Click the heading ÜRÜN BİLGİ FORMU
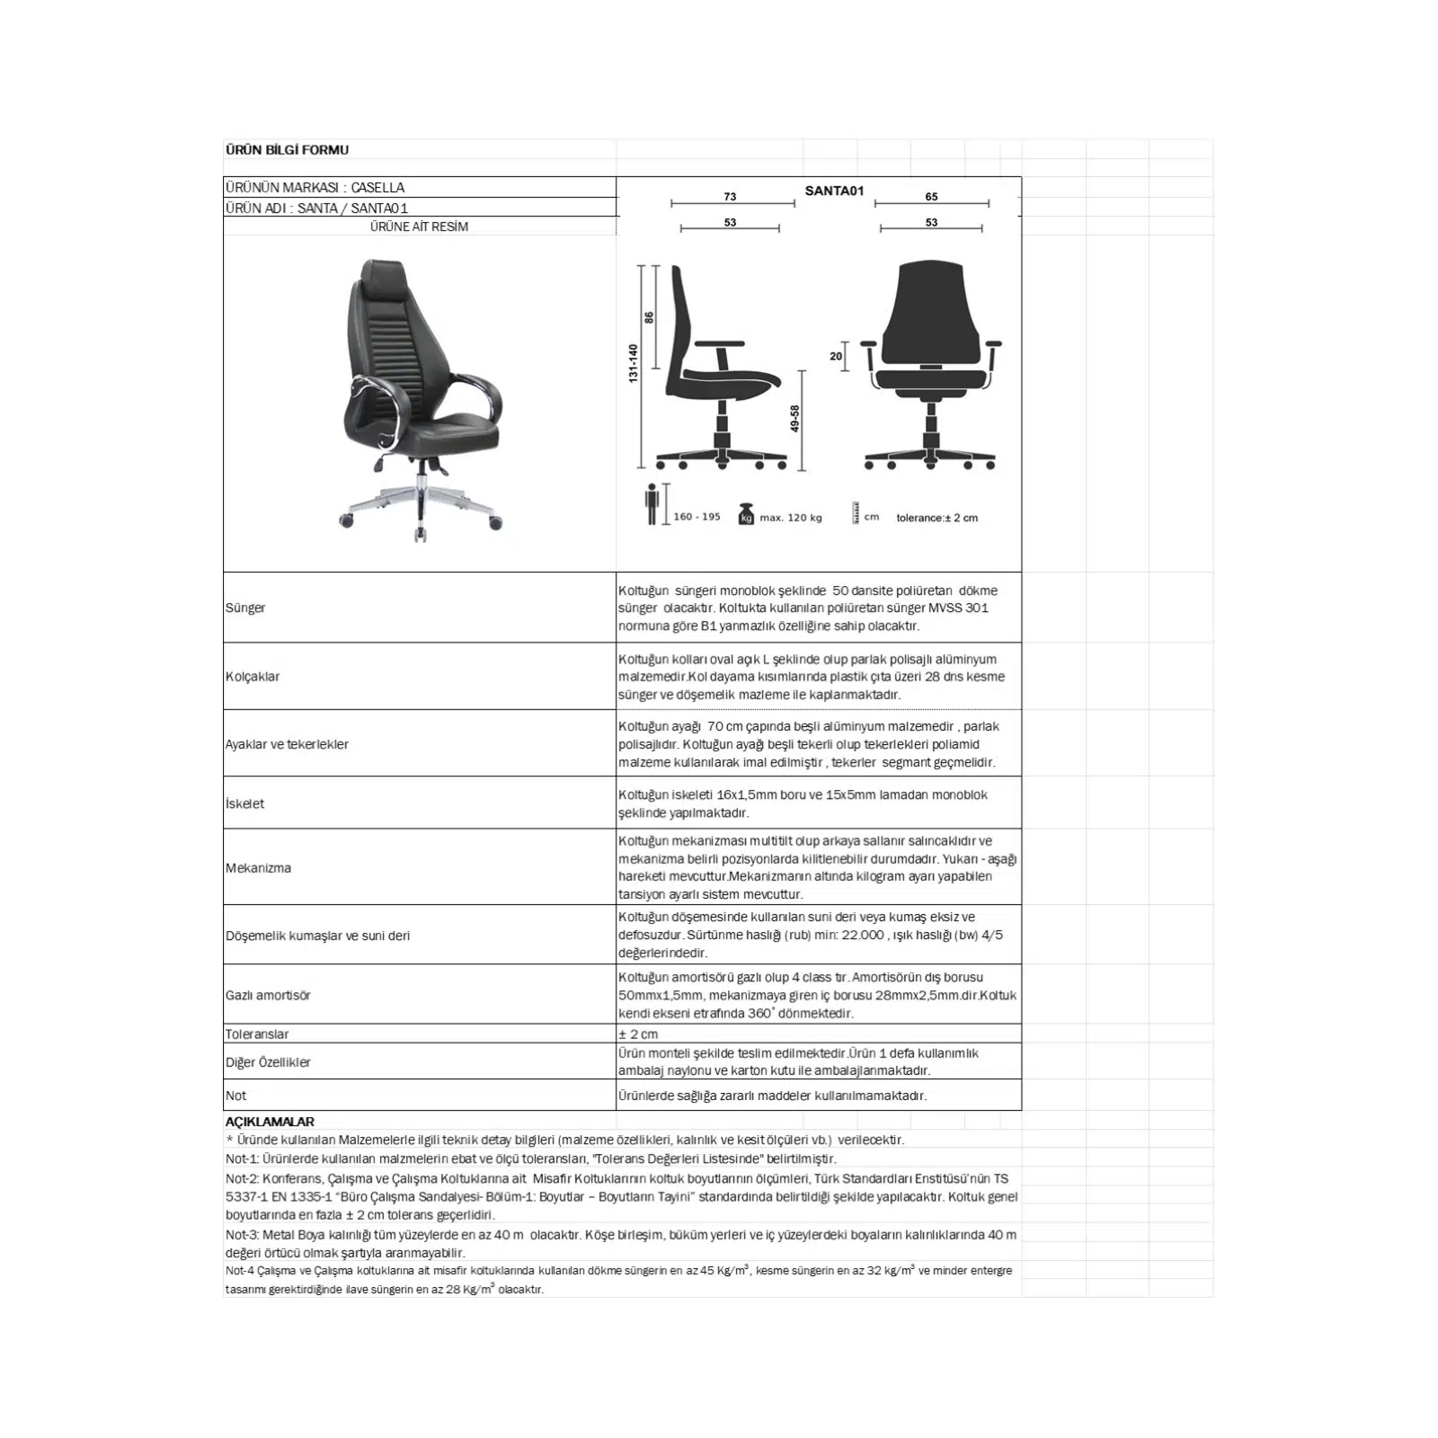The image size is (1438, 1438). (x=287, y=150)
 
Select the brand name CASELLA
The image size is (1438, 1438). (x=377, y=188)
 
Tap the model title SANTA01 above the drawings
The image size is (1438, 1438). (x=834, y=191)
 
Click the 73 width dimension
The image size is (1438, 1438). (x=730, y=197)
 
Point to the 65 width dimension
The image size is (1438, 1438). (x=931, y=197)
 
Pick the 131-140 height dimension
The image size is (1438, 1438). (x=633, y=364)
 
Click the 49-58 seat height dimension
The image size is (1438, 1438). (x=794, y=419)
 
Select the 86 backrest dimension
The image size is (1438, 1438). (x=649, y=317)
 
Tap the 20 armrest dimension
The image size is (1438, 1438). (x=836, y=357)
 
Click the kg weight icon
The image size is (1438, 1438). (x=745, y=515)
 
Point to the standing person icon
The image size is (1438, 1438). (x=652, y=504)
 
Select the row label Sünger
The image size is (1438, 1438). (x=245, y=608)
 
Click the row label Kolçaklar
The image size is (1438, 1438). (x=253, y=677)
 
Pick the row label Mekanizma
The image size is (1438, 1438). (x=258, y=868)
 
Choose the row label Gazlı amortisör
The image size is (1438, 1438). (x=268, y=996)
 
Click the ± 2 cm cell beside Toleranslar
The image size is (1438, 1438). (x=638, y=1034)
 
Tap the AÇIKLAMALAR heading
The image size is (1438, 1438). (x=270, y=1122)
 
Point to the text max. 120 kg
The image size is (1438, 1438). (x=791, y=518)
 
